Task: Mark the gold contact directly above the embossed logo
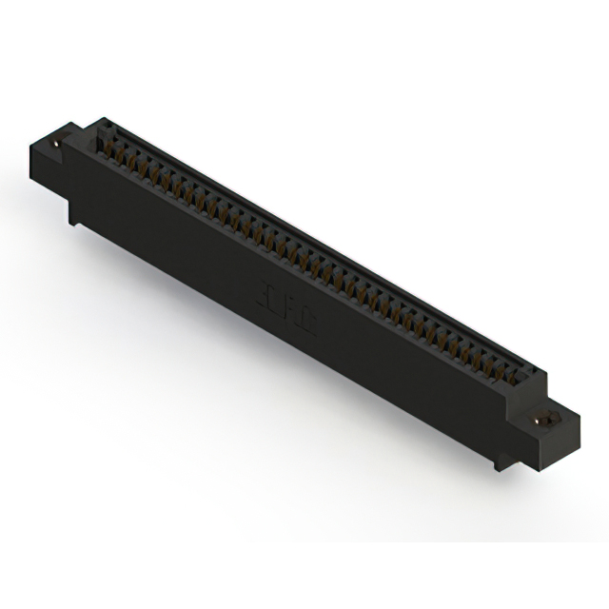point(285,249)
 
